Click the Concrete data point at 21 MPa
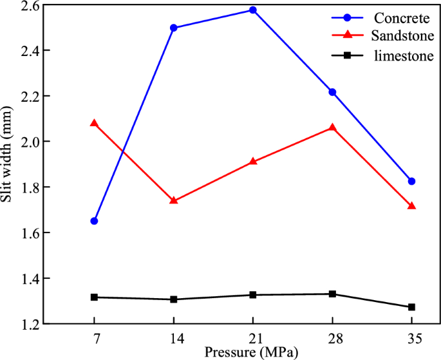253,10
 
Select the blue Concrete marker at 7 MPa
95,221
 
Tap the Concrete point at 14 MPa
174,28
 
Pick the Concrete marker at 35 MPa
411,182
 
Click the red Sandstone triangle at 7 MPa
95,123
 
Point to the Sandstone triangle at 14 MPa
174,200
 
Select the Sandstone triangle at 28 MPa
332,128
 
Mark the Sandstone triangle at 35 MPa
411,205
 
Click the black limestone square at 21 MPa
253,295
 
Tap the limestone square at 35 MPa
411,307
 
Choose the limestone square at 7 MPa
95,297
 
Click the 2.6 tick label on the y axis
30,5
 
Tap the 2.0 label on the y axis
30,142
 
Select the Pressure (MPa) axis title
252,353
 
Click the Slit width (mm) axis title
8,164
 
